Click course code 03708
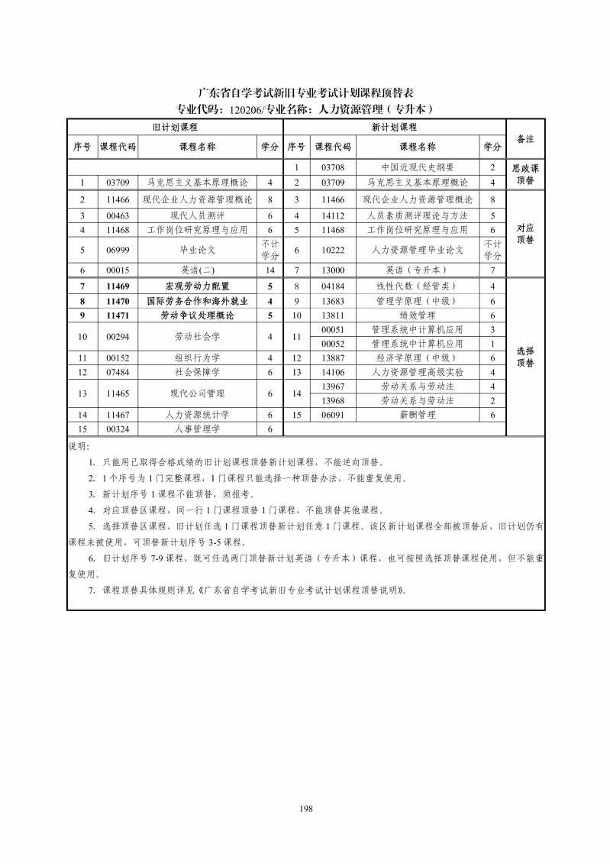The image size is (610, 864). [334, 167]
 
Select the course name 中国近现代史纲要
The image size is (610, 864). [418, 167]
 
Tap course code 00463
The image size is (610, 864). [118, 215]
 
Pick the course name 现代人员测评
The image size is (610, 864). [197, 215]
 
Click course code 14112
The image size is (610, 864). [334, 215]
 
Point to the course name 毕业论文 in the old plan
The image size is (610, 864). [197, 250]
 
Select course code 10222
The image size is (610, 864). [334, 250]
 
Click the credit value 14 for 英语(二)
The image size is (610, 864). [269, 270]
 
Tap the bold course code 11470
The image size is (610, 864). [118, 301]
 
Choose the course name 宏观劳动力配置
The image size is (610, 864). [197, 286]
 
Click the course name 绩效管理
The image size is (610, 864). [418, 316]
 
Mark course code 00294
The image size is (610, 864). [118, 336]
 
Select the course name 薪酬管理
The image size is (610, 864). [418, 415]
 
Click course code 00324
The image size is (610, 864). [118, 429]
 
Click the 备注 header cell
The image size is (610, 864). [525, 138]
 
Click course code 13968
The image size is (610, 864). [334, 400]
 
